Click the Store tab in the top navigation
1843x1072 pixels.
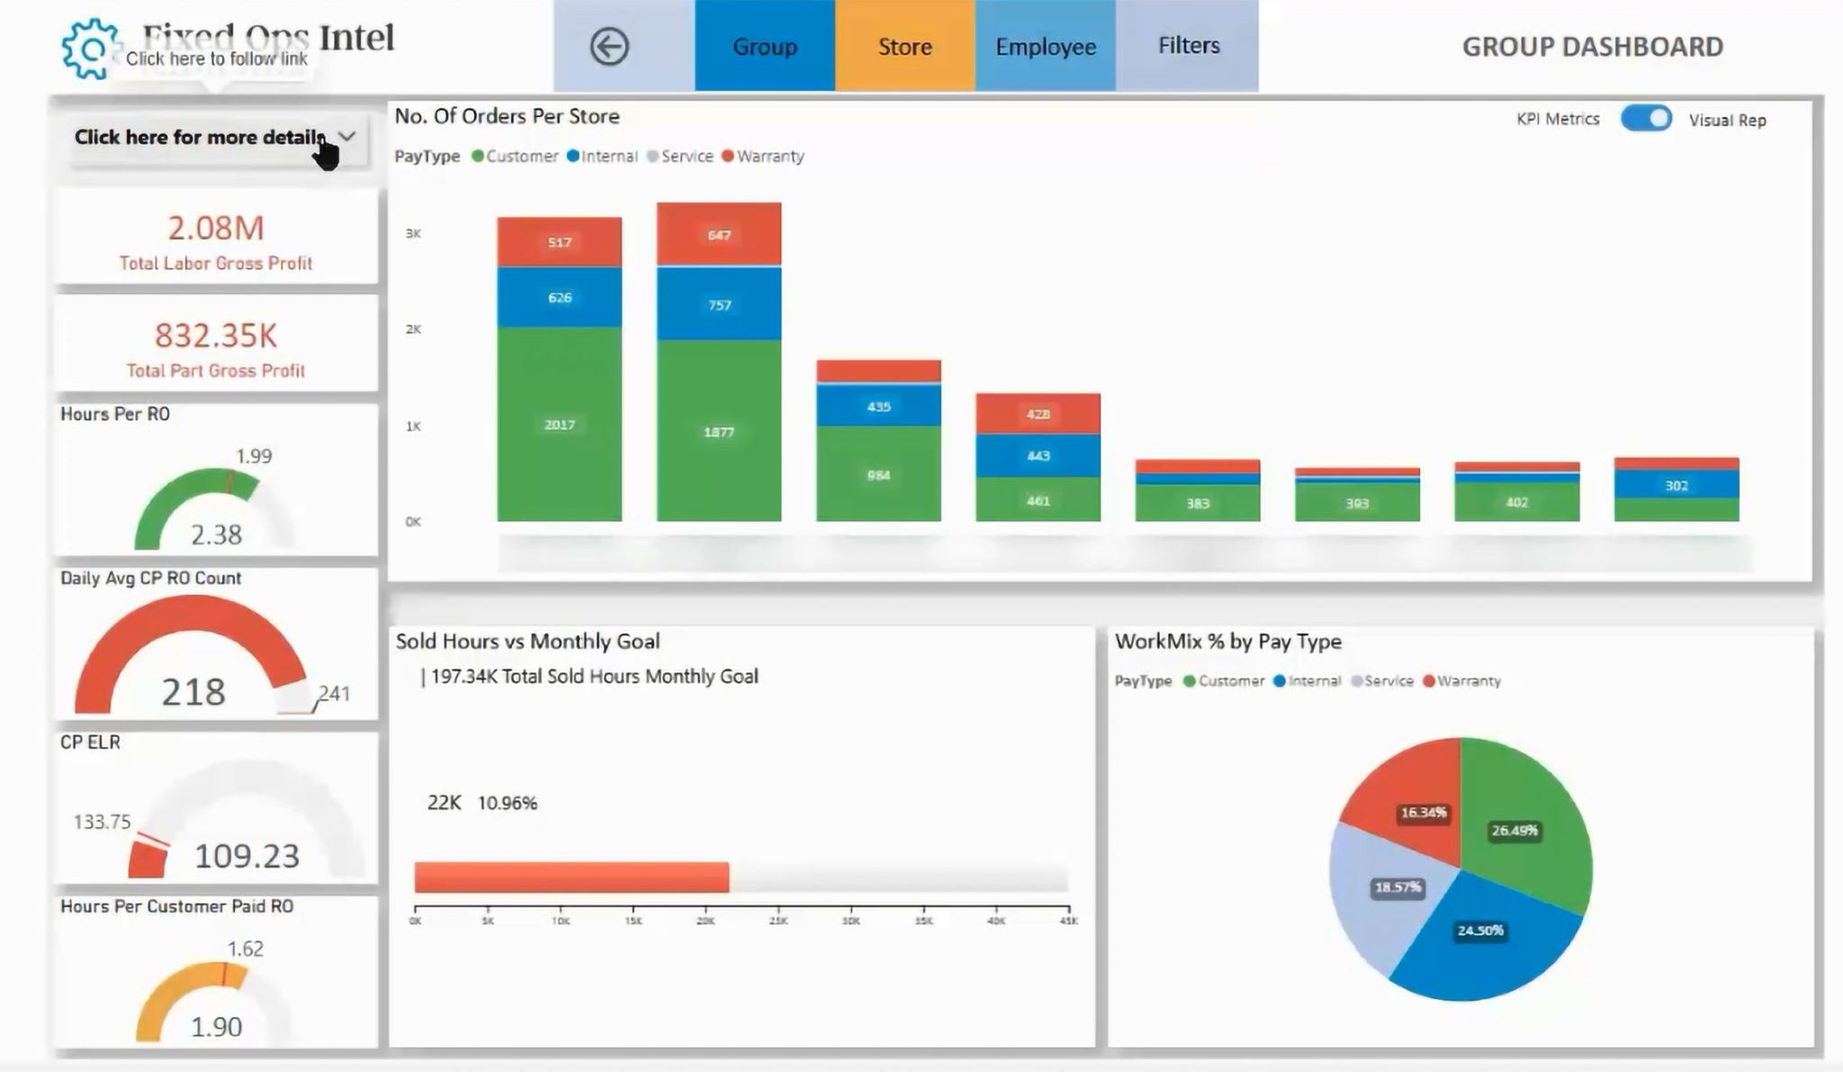(904, 47)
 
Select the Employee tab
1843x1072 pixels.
(1045, 47)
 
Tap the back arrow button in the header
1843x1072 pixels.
(609, 47)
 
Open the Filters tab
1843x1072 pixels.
(1188, 46)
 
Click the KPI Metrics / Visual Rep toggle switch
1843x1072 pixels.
(1646, 119)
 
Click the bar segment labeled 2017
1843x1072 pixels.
(559, 424)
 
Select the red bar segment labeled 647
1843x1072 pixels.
(718, 235)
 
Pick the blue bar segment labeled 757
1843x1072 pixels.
(718, 304)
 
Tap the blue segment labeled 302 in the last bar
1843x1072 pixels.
(1676, 485)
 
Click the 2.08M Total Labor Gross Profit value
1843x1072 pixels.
(216, 228)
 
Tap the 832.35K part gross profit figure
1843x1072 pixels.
(216, 335)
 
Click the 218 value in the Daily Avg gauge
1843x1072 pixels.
(193, 691)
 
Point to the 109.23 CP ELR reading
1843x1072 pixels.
(247, 855)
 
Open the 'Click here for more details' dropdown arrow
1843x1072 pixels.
(347, 137)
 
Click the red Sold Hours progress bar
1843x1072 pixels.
(571, 878)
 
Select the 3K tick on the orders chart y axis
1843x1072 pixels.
(413, 233)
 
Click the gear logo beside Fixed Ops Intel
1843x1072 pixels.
(89, 49)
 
